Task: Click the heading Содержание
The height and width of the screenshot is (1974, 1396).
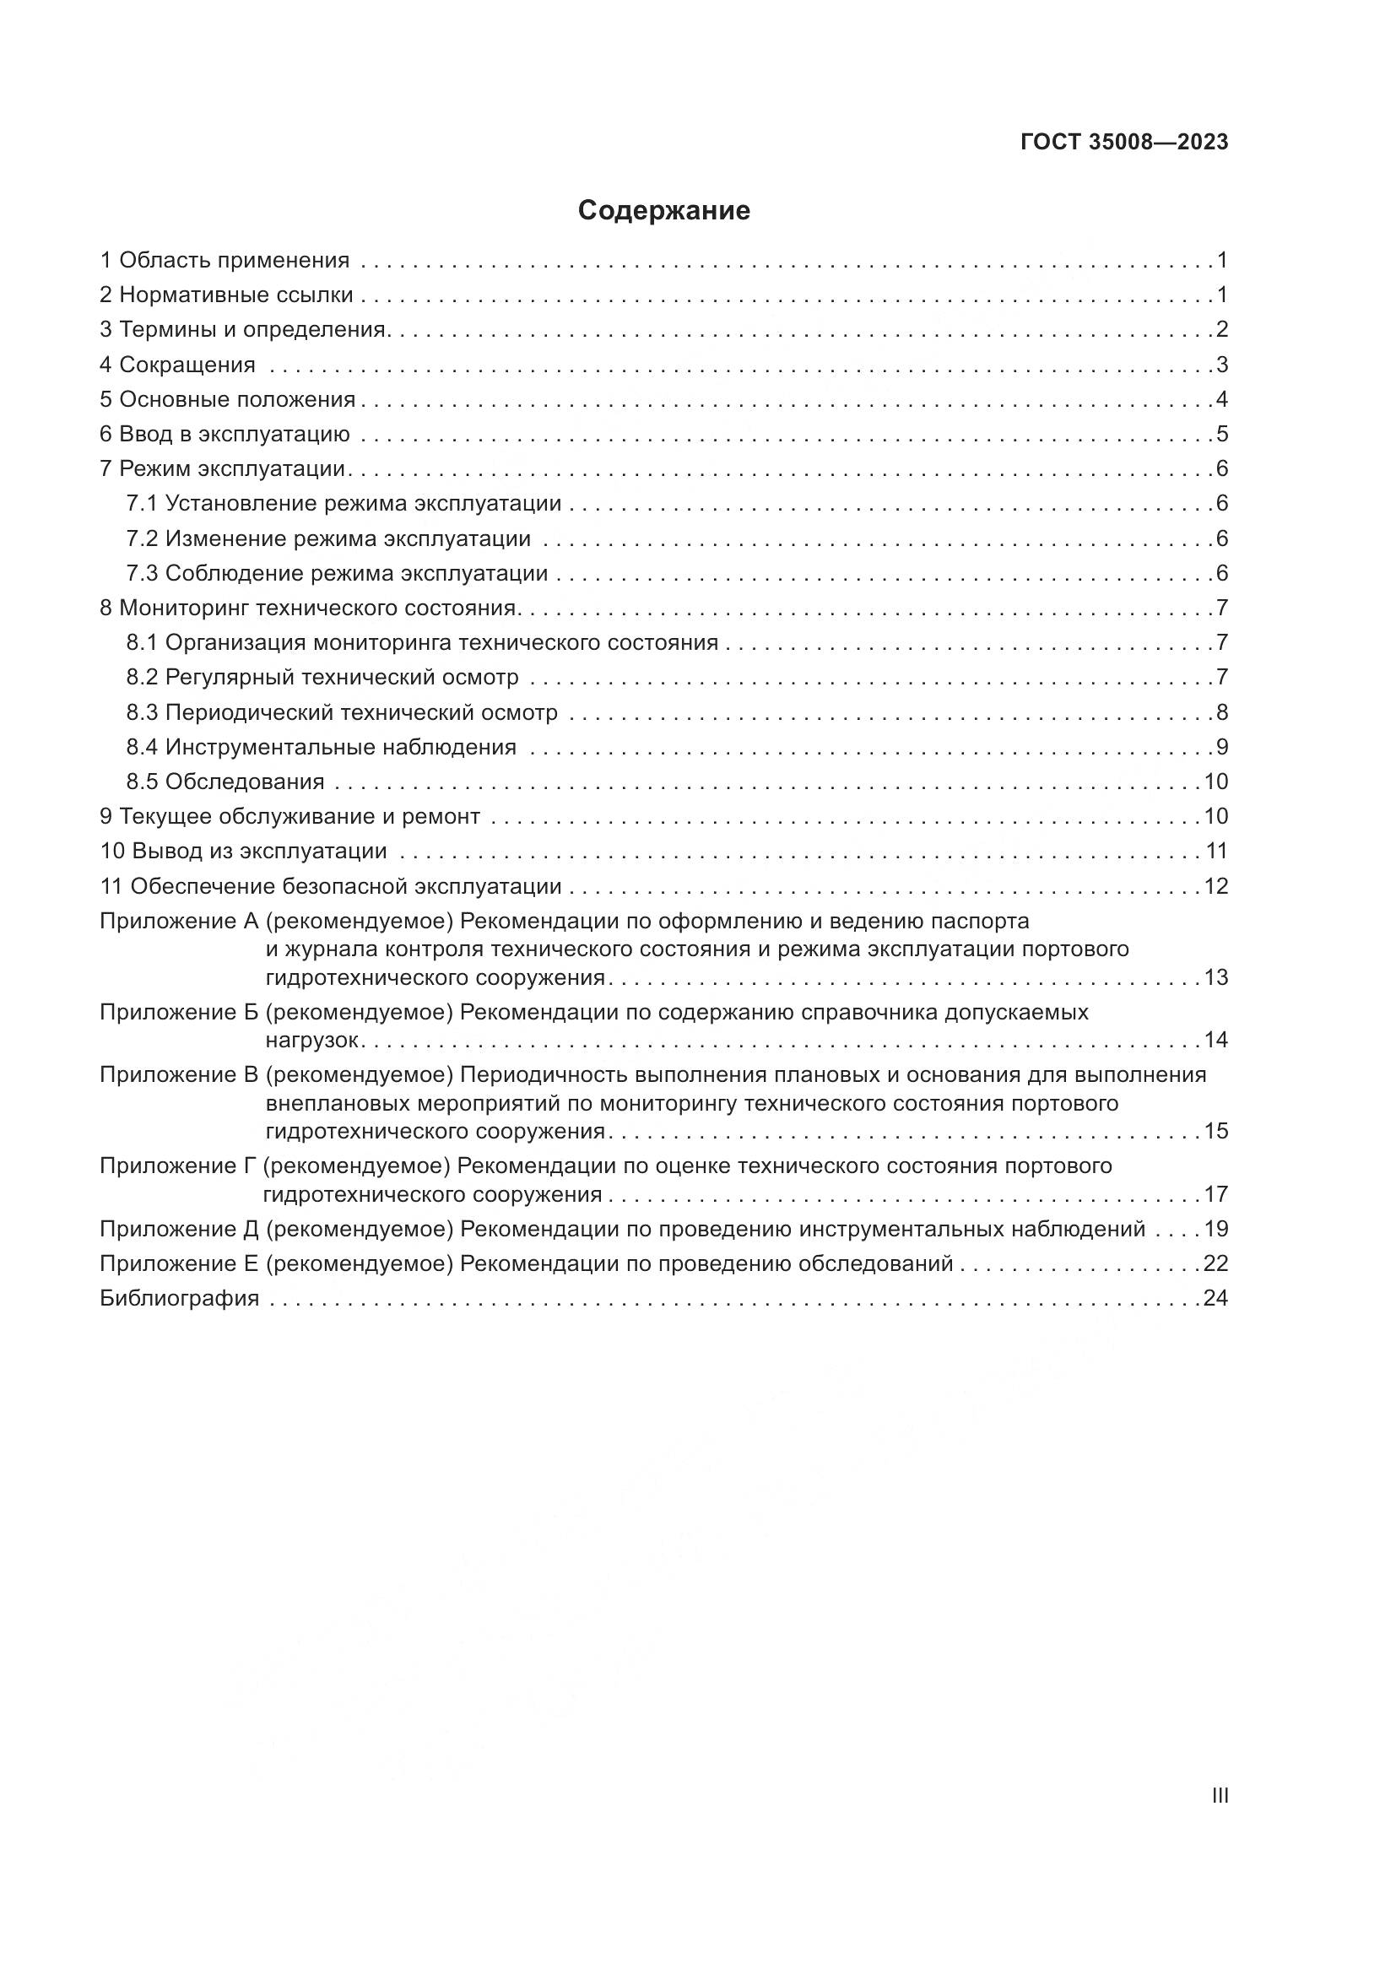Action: click(663, 211)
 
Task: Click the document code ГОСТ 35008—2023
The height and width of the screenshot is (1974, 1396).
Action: click(1124, 143)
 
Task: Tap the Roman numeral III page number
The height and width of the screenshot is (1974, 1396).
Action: click(1219, 1795)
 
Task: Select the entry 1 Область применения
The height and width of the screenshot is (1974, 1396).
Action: click(225, 260)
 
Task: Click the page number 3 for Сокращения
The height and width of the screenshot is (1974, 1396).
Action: click(1221, 365)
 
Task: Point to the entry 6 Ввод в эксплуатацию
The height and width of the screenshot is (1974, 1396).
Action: click(225, 434)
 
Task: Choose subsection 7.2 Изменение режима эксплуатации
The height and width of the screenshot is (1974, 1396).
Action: click(328, 539)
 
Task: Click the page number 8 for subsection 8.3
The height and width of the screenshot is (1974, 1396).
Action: click(1221, 713)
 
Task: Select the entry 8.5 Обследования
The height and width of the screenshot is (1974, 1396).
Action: click(225, 781)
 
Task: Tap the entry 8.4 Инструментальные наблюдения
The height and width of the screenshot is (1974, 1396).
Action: click(322, 747)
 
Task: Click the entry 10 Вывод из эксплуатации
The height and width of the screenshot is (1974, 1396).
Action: click(243, 852)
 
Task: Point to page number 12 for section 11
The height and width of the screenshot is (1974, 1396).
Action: click(1215, 885)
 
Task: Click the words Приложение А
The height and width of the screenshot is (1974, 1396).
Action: click(179, 921)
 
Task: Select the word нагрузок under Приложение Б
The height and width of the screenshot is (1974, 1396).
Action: click(312, 1041)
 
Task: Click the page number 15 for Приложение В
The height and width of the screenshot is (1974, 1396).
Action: click(1215, 1131)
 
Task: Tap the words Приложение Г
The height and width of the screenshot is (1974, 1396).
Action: click(178, 1165)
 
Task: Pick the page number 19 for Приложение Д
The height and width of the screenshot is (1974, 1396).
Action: click(1215, 1229)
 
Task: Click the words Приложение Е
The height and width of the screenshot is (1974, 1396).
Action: click(179, 1263)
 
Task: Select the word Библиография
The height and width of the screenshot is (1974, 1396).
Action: click(179, 1298)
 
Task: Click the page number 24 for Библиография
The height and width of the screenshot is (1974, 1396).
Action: click(1215, 1298)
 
